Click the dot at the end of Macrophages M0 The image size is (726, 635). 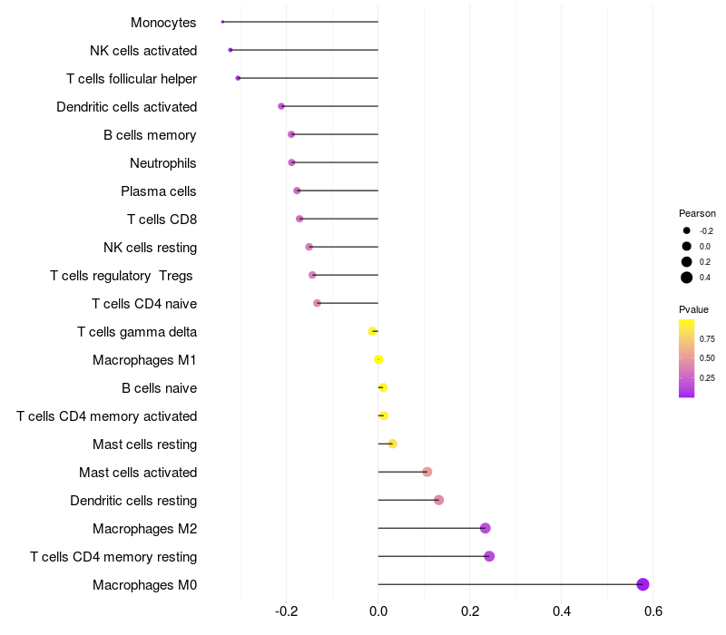point(643,584)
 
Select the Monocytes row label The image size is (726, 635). point(163,23)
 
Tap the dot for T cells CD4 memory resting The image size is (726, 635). point(489,556)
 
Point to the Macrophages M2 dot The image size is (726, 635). point(485,528)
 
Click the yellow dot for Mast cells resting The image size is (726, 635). point(392,444)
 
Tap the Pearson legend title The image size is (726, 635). point(697,213)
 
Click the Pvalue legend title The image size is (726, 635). point(693,309)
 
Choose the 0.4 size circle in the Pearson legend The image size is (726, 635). point(687,278)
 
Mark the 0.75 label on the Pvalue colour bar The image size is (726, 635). point(707,338)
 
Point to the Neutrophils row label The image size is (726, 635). point(163,163)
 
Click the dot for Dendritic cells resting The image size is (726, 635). point(438,500)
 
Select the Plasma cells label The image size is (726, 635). point(159,191)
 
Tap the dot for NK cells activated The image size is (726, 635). point(231,50)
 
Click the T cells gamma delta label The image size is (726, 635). point(137,332)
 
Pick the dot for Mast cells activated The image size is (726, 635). point(427,472)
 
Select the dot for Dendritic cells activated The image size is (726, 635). point(281,106)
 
